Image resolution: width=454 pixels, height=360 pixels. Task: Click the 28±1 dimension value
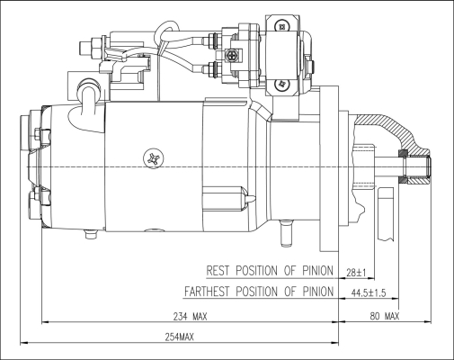[356, 273]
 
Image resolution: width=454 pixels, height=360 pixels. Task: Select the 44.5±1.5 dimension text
[369, 292]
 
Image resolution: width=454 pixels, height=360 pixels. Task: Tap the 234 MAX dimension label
[190, 316]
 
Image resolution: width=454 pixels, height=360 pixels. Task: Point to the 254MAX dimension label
[180, 337]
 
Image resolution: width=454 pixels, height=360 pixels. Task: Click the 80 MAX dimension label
[385, 316]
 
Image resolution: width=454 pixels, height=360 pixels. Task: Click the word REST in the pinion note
[218, 270]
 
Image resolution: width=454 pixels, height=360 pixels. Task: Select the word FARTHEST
[207, 292]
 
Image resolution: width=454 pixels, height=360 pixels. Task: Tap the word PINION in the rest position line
[317, 270]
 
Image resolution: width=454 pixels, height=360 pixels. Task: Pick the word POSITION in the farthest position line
[257, 292]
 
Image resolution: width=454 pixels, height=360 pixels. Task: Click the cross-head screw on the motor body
[154, 158]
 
